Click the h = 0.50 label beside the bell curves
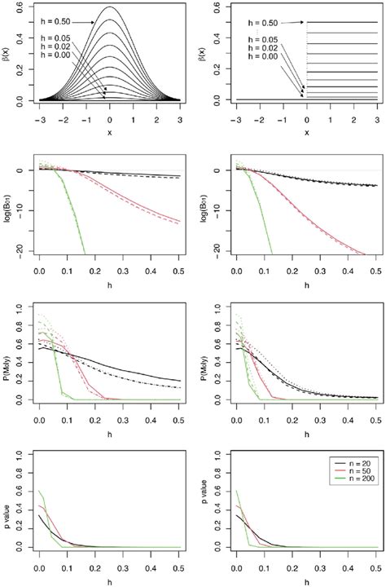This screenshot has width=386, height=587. (40, 22)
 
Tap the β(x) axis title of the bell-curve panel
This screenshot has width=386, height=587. (7, 53)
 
